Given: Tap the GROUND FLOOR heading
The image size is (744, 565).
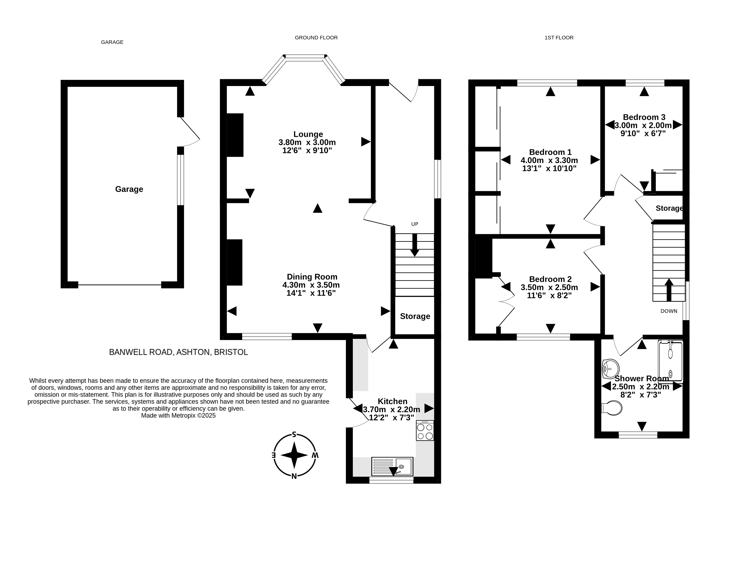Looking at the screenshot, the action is (x=316, y=38).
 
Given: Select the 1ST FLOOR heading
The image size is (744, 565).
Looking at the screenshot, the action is (x=559, y=38).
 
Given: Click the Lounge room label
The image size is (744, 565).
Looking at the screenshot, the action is (x=308, y=134).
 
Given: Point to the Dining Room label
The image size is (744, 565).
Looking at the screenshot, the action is (x=312, y=277).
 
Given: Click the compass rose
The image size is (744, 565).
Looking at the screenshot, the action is (x=294, y=455).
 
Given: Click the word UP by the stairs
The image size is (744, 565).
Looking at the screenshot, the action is (x=415, y=224).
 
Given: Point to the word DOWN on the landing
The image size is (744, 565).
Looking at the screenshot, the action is (x=669, y=311).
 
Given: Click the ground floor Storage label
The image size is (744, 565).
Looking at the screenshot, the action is (x=415, y=316).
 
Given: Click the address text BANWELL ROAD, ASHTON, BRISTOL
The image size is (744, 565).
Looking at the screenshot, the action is (x=179, y=352).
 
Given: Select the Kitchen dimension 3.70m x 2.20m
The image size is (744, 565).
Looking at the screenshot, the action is (x=392, y=409).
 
